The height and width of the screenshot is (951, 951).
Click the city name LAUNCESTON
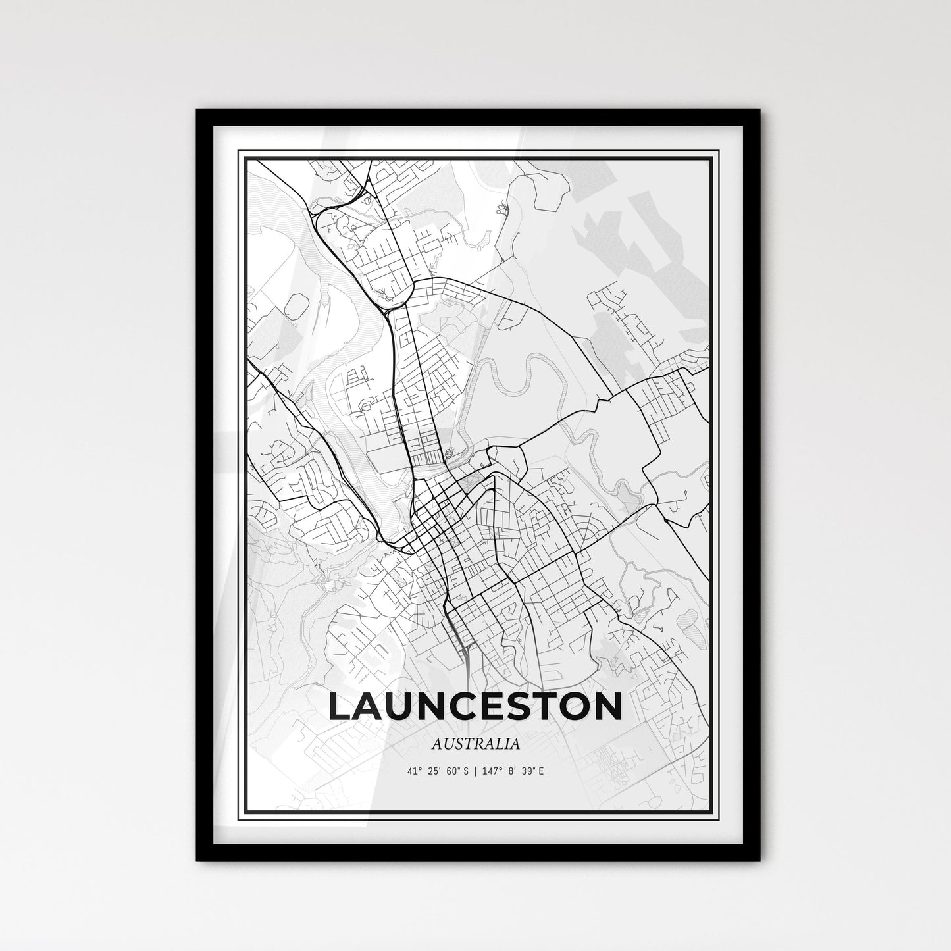pyautogui.click(x=474, y=706)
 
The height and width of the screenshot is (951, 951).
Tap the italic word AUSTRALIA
pyautogui.click(x=475, y=744)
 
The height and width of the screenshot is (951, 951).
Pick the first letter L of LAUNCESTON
pyautogui.click(x=340, y=706)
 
